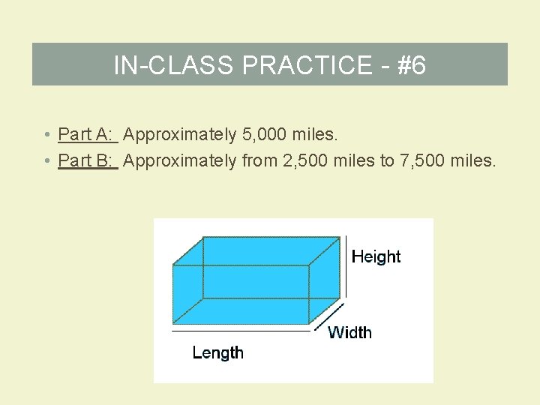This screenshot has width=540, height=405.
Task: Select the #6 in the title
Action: click(x=411, y=66)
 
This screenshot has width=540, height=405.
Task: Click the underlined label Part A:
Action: click(x=86, y=135)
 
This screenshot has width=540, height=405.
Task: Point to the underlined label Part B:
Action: click(x=86, y=160)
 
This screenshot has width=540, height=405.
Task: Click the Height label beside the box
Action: click(x=376, y=257)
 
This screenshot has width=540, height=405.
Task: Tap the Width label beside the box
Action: click(x=349, y=332)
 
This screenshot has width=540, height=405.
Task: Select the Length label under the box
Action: click(x=217, y=352)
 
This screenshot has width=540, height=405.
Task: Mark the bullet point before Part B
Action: click(x=46, y=161)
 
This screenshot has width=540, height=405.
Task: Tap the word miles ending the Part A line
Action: click(x=318, y=135)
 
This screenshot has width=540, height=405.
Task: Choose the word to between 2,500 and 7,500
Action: click(x=387, y=160)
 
